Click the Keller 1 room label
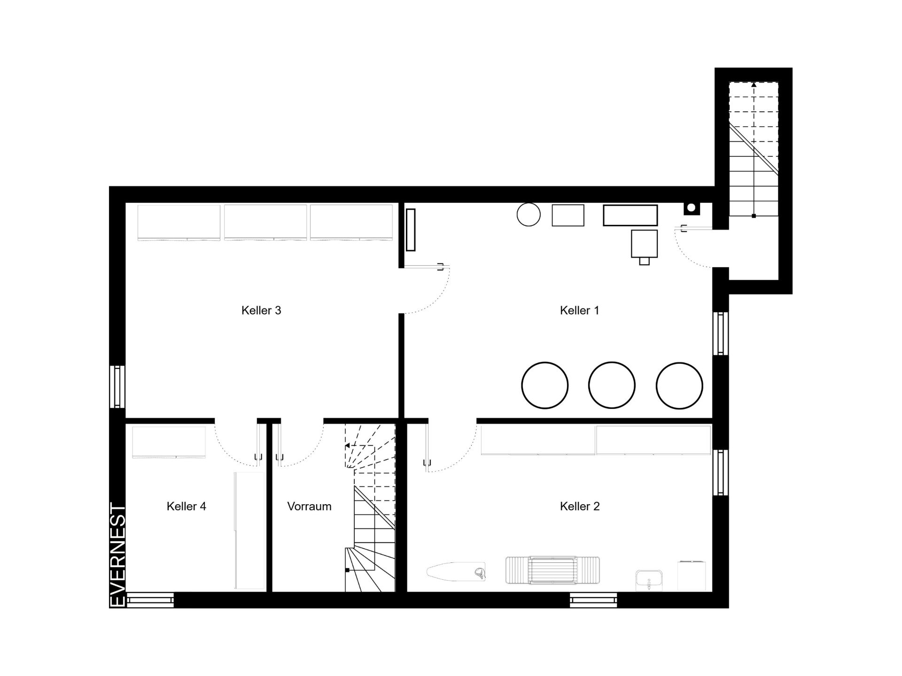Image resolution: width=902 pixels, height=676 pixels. pos(579,310)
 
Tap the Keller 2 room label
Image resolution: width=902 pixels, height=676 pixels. pos(580,506)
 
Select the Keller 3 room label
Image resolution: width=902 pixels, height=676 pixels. pos(261,310)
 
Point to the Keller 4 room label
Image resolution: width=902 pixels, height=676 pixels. pos(186,506)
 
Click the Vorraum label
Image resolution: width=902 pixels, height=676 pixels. pos(309,506)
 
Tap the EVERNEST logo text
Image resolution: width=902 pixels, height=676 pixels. pos(117,555)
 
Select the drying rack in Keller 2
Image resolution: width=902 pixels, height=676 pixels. pos(552,570)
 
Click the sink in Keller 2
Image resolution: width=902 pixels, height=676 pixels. pos(649,581)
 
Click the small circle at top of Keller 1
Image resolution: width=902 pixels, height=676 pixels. pos(529,215)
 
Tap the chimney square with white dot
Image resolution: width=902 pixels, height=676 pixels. pos(691,207)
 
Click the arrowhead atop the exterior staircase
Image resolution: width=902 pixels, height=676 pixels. pos(754,85)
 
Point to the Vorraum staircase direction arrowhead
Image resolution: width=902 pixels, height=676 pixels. pos(347,445)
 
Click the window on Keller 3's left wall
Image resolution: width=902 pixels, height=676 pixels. pos(117,387)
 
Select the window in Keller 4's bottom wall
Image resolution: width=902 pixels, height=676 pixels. pos(150,600)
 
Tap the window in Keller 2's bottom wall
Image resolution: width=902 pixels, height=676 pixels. pos(593,600)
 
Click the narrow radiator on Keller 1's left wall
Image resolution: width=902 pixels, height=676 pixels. pos(410,230)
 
